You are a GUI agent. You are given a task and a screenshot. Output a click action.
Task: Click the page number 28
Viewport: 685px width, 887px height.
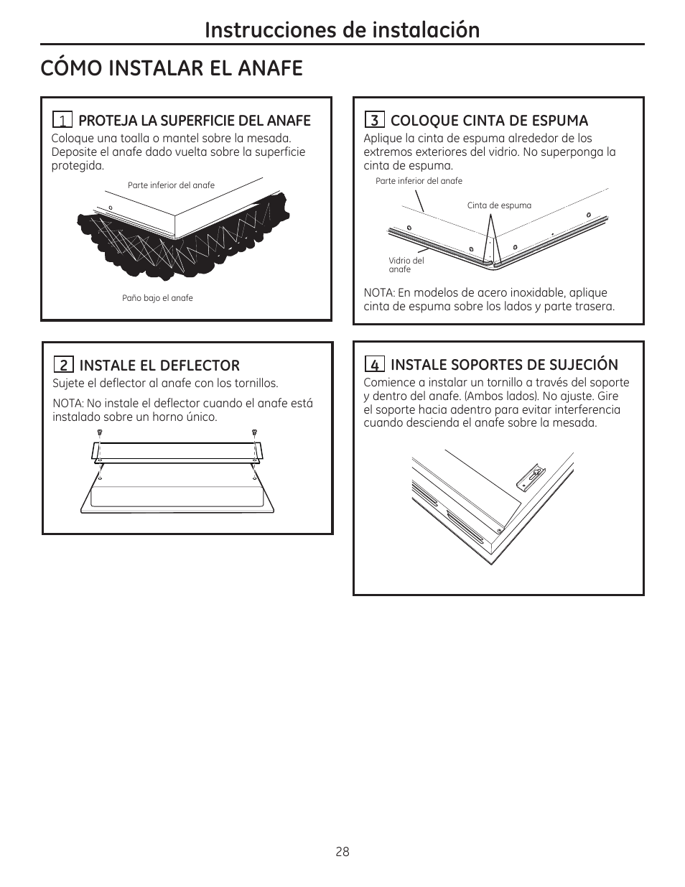point(342,852)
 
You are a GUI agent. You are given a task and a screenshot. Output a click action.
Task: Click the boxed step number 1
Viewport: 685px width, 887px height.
point(62,120)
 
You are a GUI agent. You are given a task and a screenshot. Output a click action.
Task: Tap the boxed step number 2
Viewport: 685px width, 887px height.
point(64,365)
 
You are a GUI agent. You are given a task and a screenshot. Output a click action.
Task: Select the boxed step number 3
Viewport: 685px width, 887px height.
point(375,120)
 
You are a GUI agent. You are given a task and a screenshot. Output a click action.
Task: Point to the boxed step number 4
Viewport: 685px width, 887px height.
point(375,363)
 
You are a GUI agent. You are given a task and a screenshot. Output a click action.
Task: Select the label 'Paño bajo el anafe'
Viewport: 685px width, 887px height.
point(157,298)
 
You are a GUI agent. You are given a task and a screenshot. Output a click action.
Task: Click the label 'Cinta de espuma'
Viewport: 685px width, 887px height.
point(499,205)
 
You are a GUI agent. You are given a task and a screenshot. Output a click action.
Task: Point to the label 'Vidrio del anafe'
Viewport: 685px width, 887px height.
point(406,265)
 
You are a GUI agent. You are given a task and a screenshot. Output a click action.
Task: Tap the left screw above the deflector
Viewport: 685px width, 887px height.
point(100,432)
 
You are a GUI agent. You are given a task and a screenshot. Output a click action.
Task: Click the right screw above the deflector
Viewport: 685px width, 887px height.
point(254,432)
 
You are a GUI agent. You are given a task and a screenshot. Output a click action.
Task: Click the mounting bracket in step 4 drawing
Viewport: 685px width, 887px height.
point(531,476)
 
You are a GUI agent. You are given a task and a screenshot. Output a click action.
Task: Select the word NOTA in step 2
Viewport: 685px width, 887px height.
point(67,404)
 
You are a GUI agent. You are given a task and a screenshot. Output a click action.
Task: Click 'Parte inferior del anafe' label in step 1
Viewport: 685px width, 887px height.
point(171,185)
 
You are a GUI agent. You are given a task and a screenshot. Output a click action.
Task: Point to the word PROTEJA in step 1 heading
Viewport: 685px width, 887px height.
point(108,121)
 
